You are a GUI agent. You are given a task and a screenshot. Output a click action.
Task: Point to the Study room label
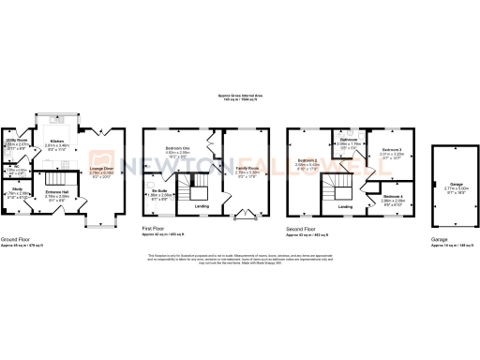(x=18, y=191)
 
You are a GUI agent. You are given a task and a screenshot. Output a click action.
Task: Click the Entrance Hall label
(x=58, y=194)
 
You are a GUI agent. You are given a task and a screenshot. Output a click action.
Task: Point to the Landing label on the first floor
(x=201, y=205)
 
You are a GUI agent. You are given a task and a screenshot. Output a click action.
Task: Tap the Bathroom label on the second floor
(x=348, y=142)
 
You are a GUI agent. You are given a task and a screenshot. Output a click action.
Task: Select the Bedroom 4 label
(x=393, y=197)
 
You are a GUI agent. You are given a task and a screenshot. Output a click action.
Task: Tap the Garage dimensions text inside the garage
(x=453, y=187)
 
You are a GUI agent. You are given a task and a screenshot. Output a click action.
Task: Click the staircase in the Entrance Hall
(x=58, y=177)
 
